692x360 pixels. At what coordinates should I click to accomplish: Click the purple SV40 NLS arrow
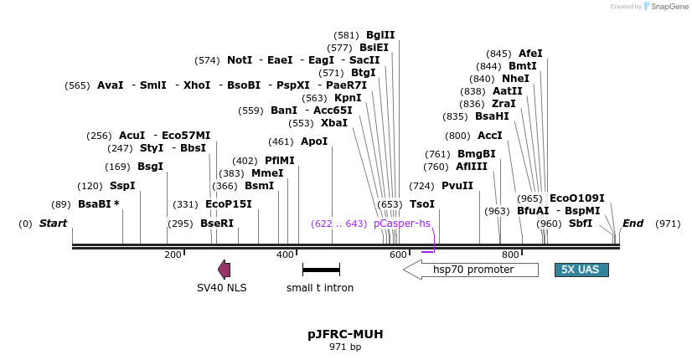pyautogui.click(x=224, y=269)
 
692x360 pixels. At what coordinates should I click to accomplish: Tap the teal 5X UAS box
pyautogui.click(x=581, y=270)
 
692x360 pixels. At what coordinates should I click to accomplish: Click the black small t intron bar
pyautogui.click(x=321, y=270)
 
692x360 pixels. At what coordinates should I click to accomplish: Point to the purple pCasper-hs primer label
pyautogui.click(x=402, y=224)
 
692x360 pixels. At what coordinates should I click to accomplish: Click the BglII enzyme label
pyautogui.click(x=380, y=35)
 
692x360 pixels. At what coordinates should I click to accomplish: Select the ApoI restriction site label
pyautogui.click(x=314, y=141)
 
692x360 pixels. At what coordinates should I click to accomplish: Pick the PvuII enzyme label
pyautogui.click(x=457, y=186)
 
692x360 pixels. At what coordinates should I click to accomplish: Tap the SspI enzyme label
pyautogui.click(x=122, y=186)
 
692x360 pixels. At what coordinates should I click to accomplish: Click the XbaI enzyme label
pyautogui.click(x=334, y=123)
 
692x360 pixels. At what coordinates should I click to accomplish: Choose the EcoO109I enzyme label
pyautogui.click(x=576, y=198)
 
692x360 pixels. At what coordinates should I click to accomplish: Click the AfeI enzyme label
pyautogui.click(x=530, y=54)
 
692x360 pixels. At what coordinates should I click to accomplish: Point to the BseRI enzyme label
pyautogui.click(x=217, y=224)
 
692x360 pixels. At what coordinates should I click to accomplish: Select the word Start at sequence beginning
pyautogui.click(x=53, y=224)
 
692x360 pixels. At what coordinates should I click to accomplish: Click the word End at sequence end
pyautogui.click(x=633, y=224)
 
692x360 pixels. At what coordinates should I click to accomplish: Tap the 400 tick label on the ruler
pyautogui.click(x=285, y=255)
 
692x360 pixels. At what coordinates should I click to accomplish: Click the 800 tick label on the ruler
pyautogui.click(x=510, y=255)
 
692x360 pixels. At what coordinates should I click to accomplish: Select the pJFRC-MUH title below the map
pyautogui.click(x=345, y=334)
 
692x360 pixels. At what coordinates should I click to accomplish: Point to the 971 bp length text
pyautogui.click(x=345, y=347)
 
